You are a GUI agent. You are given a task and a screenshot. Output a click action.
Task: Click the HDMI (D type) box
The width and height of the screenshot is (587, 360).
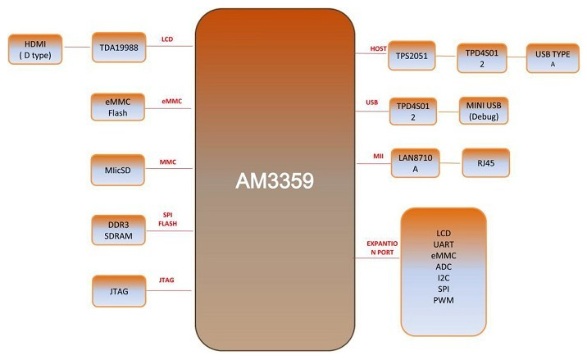click(35, 48)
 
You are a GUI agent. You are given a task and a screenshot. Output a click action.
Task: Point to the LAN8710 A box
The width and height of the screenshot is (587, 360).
click(413, 162)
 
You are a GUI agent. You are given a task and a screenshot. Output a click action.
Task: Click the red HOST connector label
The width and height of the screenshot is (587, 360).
click(378, 49)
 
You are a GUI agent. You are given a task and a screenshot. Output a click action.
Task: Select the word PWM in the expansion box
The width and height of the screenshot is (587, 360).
click(444, 301)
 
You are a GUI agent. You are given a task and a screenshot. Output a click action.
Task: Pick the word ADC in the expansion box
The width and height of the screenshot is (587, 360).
click(444, 267)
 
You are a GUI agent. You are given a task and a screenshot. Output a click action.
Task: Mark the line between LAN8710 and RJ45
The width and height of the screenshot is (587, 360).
click(449, 164)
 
